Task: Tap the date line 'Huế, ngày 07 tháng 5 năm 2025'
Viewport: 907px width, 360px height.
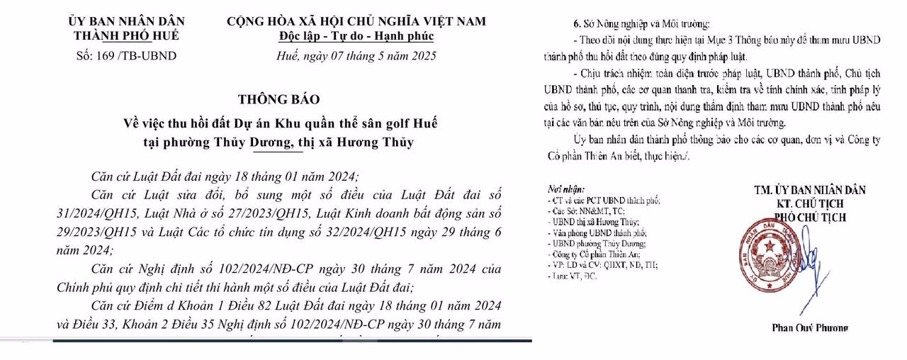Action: (x=356, y=55)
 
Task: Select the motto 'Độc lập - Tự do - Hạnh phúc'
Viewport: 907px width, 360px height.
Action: (x=356, y=35)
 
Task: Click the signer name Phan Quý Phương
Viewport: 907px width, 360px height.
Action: (x=809, y=327)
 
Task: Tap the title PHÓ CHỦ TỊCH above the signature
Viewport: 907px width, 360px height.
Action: (x=810, y=217)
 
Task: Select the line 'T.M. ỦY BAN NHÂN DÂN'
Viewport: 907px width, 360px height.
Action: (x=810, y=190)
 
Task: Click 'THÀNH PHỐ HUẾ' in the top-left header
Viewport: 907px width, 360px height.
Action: (x=125, y=35)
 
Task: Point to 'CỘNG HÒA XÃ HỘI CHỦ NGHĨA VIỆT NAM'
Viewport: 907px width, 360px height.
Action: (x=356, y=21)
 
